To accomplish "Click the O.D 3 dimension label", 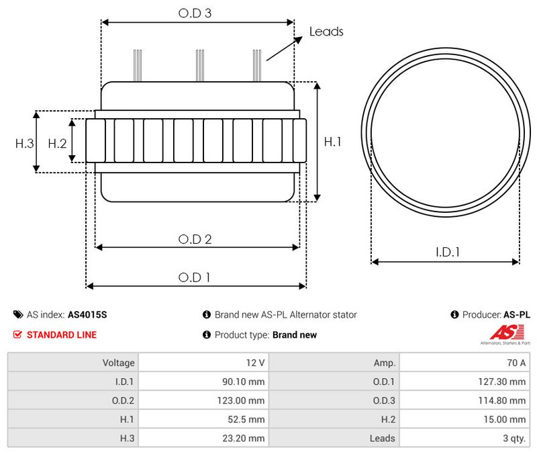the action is [x=195, y=13].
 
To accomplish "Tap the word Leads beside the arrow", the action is [x=326, y=32].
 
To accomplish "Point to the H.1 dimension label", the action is [x=332, y=142].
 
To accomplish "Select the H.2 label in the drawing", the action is [x=57, y=143].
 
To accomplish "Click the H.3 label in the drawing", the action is [x=25, y=143].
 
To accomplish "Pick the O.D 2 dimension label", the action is [x=195, y=239].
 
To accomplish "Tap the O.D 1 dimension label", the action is [x=194, y=277].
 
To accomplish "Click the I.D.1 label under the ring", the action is [x=447, y=252].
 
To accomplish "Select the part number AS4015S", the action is [x=87, y=314].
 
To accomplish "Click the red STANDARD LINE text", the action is [x=62, y=334].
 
